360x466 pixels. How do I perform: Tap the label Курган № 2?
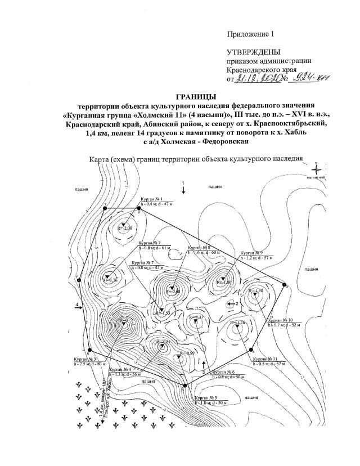[x=152, y=242]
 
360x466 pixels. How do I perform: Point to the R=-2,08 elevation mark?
[x=125, y=227]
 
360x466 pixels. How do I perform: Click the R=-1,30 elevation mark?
[x=258, y=290]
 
